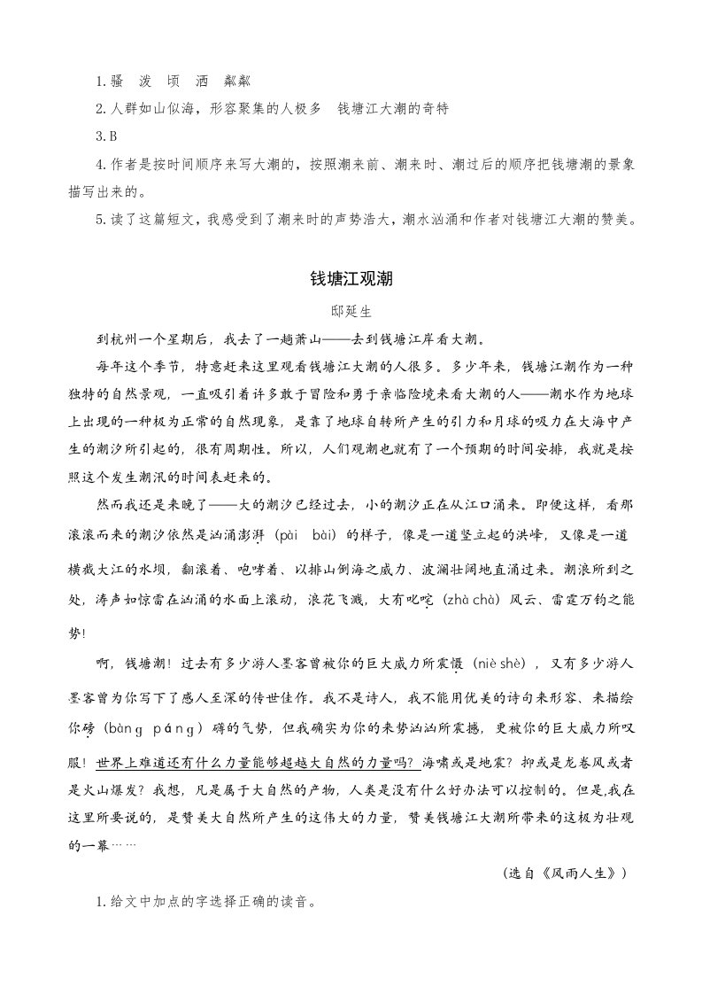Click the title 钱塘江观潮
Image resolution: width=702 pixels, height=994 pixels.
351,278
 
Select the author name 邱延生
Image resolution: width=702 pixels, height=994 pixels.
351,311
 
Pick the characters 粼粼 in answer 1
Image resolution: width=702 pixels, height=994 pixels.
237,81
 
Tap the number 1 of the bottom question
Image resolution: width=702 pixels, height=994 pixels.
98,904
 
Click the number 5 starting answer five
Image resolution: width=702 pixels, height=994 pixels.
98,219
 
